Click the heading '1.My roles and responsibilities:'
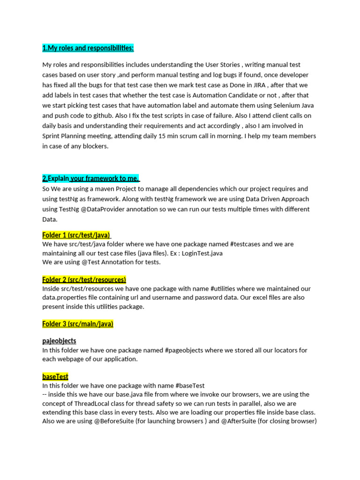tap(88, 48)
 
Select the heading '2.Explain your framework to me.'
tap(91, 178)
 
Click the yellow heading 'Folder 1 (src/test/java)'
tap(76, 235)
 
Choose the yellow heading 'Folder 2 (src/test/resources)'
tap(84, 279)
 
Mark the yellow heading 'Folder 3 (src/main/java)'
tap(78, 323)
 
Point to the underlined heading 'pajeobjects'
tap(59, 341)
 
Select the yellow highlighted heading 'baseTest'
tap(55, 376)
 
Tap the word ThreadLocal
tap(91, 403)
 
